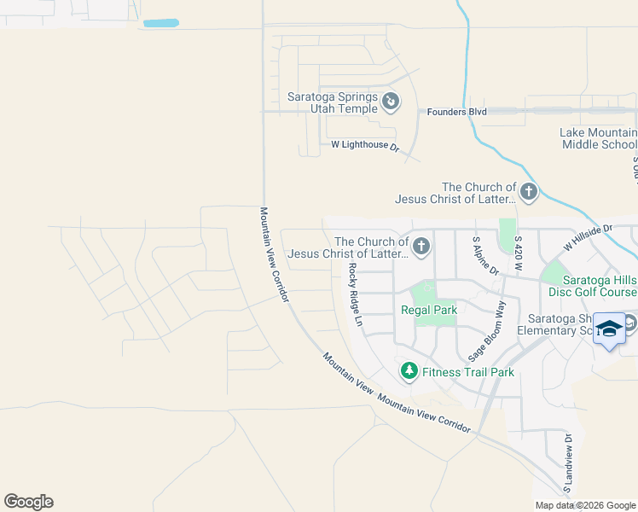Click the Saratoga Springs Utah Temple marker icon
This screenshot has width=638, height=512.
tap(391, 102)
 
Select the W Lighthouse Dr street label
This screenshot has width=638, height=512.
tap(365, 146)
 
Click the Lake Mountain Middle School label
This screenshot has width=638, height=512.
tap(599, 138)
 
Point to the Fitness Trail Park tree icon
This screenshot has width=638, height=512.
tap(409, 370)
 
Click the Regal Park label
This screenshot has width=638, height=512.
tap(431, 311)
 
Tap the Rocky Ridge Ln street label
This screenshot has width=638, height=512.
tap(357, 295)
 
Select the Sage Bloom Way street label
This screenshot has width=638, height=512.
tap(489, 331)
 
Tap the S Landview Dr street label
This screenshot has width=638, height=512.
tap(567, 463)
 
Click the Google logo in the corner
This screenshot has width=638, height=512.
tap(28, 502)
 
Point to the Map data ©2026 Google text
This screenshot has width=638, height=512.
tap(585, 505)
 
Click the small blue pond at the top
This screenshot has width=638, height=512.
tap(161, 23)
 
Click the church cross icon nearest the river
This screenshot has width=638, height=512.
tap(529, 192)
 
